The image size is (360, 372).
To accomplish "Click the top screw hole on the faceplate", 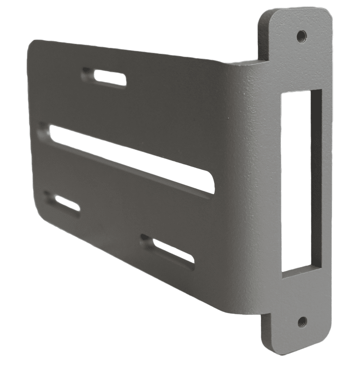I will [301, 34].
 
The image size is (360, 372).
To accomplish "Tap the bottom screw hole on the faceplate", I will [302, 321].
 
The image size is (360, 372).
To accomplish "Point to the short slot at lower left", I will [63, 202].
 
